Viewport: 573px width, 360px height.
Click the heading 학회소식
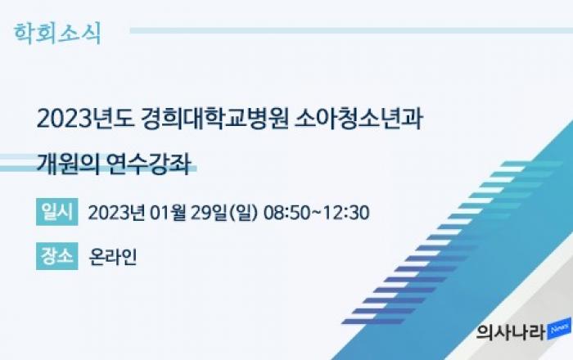[x=57, y=34]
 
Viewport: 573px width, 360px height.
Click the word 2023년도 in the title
[x=85, y=119]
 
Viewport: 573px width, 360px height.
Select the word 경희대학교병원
[x=214, y=119]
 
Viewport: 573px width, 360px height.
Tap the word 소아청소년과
[x=359, y=119]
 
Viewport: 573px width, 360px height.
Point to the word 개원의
[x=68, y=164]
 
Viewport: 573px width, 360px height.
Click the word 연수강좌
[x=149, y=164]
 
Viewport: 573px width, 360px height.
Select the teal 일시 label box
[x=57, y=212]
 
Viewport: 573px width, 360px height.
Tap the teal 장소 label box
[x=57, y=256]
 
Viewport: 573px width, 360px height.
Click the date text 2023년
[x=116, y=213]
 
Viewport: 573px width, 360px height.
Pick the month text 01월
[x=168, y=213]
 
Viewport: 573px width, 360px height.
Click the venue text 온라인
[x=113, y=257]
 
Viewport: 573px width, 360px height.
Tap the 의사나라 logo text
[x=511, y=331]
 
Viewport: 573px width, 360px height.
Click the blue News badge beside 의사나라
[x=559, y=329]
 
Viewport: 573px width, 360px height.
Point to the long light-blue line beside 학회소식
[x=351, y=30]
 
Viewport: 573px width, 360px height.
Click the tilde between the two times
[x=317, y=213]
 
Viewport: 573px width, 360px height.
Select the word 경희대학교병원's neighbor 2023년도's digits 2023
[x=64, y=119]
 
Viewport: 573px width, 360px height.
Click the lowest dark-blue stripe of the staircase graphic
[x=373, y=322]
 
